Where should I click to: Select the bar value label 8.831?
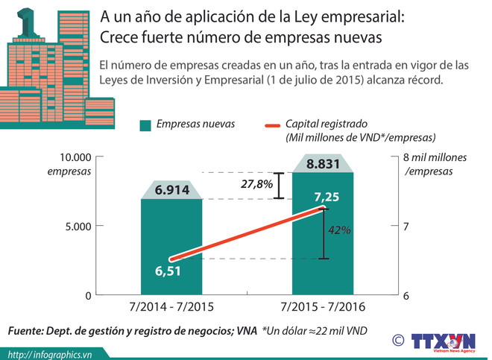(323, 165)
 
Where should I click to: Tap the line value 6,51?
(168, 270)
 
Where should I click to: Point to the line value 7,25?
(328, 198)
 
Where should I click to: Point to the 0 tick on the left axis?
(87, 295)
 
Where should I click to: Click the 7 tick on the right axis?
(406, 226)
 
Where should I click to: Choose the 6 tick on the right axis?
(406, 295)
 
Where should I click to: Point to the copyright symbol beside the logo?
(399, 340)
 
